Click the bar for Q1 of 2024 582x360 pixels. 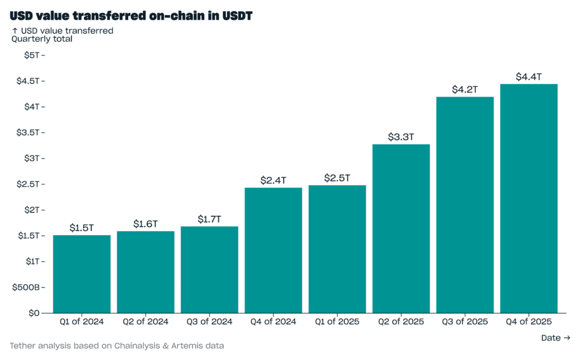pyautogui.click(x=82, y=274)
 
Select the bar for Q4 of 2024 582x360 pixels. pyautogui.click(x=273, y=250)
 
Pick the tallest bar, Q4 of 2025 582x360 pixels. pyautogui.click(x=529, y=198)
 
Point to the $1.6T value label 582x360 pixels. pyautogui.click(x=145, y=224)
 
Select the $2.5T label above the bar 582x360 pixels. pyautogui.click(x=337, y=178)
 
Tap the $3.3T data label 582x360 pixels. pyautogui.click(x=401, y=137)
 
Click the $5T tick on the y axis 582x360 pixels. pyautogui.click(x=32, y=55)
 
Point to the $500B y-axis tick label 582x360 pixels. pyautogui.click(x=27, y=287)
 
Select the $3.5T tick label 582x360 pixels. pyautogui.click(x=28, y=133)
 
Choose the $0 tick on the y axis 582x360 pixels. pyautogui.click(x=34, y=313)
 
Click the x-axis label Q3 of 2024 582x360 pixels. pyautogui.click(x=209, y=322)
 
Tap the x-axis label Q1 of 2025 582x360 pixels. pyautogui.click(x=337, y=322)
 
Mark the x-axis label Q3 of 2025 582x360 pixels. pyautogui.click(x=465, y=322)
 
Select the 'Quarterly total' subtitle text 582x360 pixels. pyautogui.click(x=42, y=39)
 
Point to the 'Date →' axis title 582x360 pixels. pyautogui.click(x=555, y=338)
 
